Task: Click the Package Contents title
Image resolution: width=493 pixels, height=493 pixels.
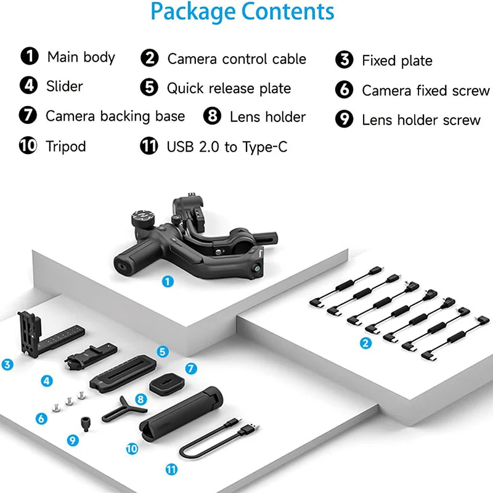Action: click(x=242, y=12)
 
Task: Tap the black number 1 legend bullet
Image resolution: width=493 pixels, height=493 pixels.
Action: click(x=28, y=57)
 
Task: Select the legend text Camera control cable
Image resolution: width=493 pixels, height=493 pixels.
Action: click(x=237, y=59)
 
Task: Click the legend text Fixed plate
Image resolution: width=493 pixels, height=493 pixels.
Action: click(x=397, y=60)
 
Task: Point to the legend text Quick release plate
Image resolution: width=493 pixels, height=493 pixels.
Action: click(x=229, y=88)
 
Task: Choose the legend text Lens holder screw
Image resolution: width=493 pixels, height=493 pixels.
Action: click(x=421, y=120)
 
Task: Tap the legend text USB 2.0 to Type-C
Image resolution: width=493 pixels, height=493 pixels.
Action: click(x=227, y=147)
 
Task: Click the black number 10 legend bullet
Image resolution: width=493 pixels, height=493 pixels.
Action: click(x=28, y=147)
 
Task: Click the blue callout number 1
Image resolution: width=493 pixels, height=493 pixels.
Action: click(x=168, y=281)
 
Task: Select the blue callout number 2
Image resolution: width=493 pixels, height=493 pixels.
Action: click(x=366, y=343)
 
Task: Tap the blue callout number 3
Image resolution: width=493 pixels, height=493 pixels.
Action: click(x=7, y=365)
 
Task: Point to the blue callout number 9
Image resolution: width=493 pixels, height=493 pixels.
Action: click(x=73, y=440)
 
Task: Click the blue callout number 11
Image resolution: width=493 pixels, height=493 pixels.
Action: click(x=171, y=470)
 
